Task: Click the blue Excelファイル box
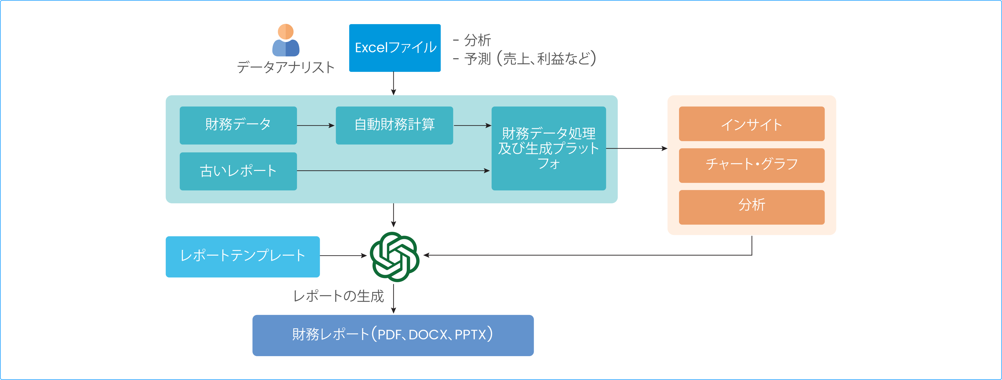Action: (x=395, y=48)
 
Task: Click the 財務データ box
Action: (x=238, y=125)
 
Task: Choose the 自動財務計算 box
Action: (x=394, y=125)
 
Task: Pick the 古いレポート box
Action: (x=238, y=171)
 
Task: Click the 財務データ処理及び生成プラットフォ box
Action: (x=548, y=148)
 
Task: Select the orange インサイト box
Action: (x=751, y=124)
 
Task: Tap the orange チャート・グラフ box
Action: (x=751, y=165)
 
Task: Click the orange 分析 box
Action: (x=751, y=207)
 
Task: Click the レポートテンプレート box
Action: (x=243, y=256)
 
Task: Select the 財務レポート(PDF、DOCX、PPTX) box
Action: (x=393, y=335)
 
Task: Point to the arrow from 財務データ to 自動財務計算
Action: (x=316, y=126)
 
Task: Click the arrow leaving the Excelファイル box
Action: (x=394, y=83)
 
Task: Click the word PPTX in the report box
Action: (x=470, y=335)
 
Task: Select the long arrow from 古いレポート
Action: (x=393, y=171)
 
